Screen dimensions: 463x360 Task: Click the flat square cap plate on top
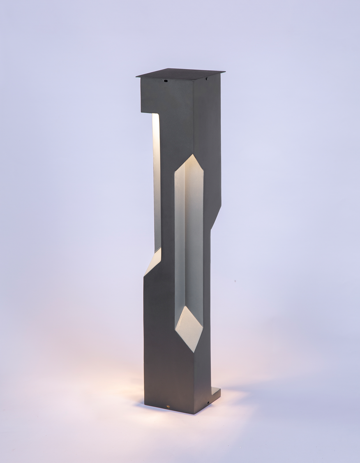tap(181, 73)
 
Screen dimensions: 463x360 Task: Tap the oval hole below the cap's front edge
tap(166, 81)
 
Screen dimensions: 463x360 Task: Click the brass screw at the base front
tap(167, 407)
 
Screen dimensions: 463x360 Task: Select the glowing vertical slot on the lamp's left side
tap(156, 181)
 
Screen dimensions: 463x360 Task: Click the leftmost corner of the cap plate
tap(137, 76)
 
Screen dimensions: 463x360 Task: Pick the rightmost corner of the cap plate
tap(224, 73)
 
